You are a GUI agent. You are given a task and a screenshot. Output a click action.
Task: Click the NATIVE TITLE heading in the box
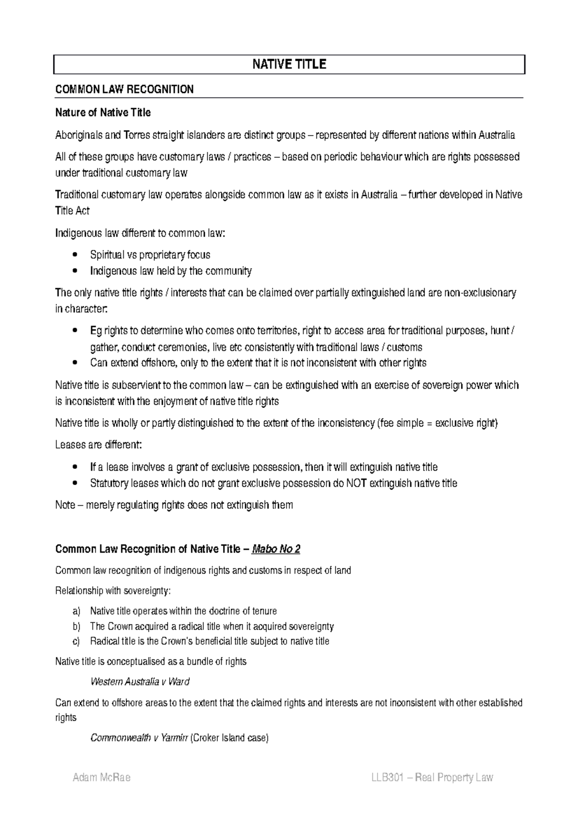(x=289, y=65)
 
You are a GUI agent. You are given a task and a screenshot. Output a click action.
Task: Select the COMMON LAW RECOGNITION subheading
(x=124, y=89)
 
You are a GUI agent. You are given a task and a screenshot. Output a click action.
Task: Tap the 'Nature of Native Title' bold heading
(x=103, y=112)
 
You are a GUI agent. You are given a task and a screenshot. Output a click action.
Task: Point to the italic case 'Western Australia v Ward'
(x=140, y=682)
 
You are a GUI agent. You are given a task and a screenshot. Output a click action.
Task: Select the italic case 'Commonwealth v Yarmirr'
(x=139, y=737)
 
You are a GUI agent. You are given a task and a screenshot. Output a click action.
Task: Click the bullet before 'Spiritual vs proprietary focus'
(x=73, y=255)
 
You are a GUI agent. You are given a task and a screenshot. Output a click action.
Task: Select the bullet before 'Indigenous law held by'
(x=73, y=271)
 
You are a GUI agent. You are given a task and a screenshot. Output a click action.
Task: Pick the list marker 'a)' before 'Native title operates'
(x=76, y=611)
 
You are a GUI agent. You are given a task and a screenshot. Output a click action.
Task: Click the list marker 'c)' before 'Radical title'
(x=76, y=641)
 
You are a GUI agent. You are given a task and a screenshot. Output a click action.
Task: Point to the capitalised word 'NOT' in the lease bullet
(x=356, y=483)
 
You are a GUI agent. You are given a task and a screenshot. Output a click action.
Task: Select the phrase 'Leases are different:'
(x=99, y=445)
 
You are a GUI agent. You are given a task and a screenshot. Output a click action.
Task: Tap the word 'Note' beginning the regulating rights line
(x=65, y=505)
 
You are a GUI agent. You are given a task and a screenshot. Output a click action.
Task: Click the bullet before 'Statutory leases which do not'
(x=73, y=483)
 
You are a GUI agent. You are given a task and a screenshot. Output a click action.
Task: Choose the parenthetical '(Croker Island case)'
(x=229, y=737)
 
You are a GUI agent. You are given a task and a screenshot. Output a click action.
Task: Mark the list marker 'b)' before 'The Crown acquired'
(x=76, y=626)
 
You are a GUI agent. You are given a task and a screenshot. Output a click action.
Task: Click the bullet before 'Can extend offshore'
(x=73, y=363)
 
